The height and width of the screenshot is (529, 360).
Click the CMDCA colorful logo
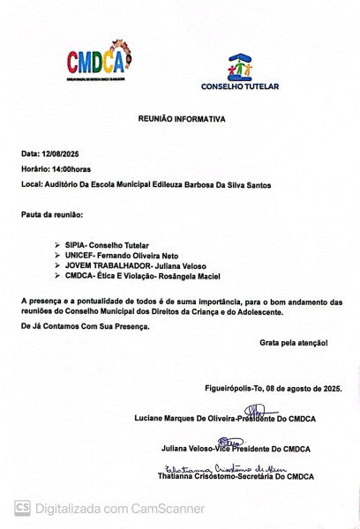[x=98, y=59]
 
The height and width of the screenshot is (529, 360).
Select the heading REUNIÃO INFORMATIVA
[x=181, y=118]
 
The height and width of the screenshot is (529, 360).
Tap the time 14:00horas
[x=70, y=168]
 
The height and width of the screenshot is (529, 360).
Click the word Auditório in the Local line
[x=61, y=184]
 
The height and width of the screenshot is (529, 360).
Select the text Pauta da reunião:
[x=52, y=214]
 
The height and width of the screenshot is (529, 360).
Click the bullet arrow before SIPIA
[x=57, y=242]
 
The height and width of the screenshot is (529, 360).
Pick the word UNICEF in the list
[x=79, y=253]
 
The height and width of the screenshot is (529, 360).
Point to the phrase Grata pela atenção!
[x=294, y=341]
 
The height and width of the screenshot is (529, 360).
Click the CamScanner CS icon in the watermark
[x=22, y=508]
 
